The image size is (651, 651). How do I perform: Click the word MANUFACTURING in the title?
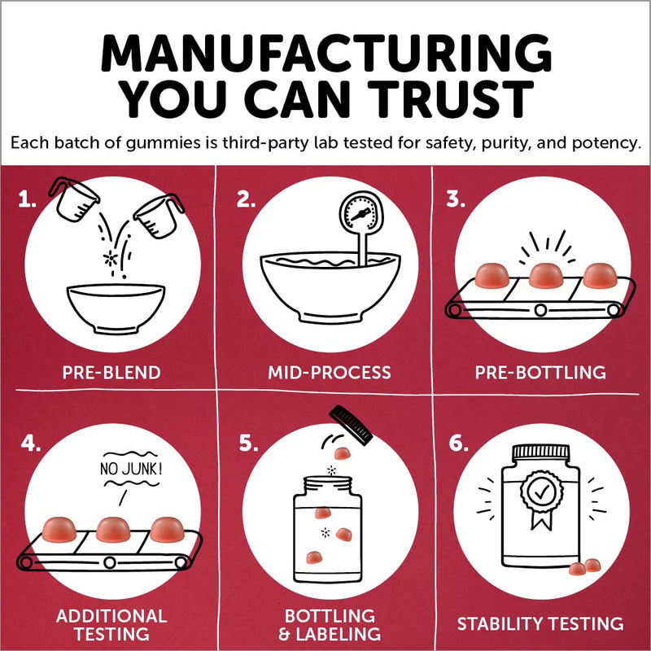[326, 53]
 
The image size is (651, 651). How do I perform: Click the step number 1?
[27, 199]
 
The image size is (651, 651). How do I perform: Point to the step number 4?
[31, 443]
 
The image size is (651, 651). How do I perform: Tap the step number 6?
[458, 443]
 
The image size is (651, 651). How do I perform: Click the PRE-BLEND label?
[111, 373]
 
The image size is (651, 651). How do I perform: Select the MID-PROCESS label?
[330, 373]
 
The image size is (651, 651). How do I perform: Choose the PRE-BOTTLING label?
[540, 373]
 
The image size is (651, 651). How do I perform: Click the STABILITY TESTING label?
[540, 623]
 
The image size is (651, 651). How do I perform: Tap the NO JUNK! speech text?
[131, 470]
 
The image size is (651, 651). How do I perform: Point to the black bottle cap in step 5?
[351, 425]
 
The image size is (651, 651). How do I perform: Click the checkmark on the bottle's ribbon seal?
[541, 492]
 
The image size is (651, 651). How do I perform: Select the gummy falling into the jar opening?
[342, 453]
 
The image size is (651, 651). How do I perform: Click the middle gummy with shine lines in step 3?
[546, 275]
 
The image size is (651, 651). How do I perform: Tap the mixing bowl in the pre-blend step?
[116, 308]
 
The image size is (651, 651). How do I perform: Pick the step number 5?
[248, 443]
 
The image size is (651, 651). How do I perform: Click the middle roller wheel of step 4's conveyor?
[110, 562]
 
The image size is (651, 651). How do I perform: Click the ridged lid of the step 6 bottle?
[540, 452]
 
